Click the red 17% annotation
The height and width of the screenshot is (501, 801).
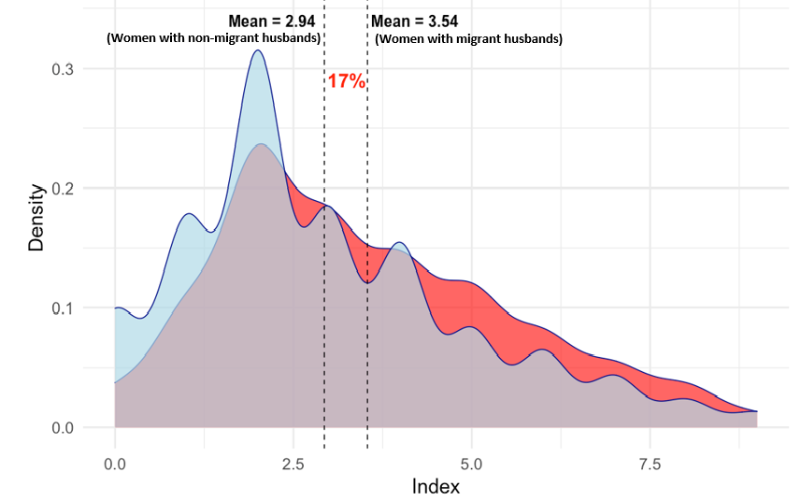(346, 81)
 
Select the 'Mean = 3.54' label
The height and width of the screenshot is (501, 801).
(415, 21)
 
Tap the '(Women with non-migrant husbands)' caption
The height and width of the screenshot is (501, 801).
(214, 38)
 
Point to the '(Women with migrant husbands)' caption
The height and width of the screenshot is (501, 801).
(468, 39)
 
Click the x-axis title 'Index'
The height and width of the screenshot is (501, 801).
(436, 486)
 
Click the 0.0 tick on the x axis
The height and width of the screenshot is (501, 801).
(115, 464)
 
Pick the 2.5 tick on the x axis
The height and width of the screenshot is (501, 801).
(293, 464)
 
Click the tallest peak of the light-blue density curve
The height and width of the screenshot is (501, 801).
(257, 50)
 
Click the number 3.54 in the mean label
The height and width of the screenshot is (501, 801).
(439, 21)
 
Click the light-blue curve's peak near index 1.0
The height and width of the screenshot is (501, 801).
(188, 214)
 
